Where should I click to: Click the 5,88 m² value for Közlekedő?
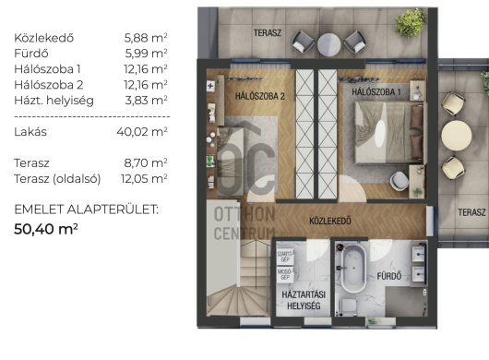[146, 38]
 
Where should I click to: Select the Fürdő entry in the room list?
[31, 54]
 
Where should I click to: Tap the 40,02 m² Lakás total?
[142, 132]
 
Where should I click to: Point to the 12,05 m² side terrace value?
[144, 178]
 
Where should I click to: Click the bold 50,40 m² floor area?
[46, 229]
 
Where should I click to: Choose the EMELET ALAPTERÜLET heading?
[87, 210]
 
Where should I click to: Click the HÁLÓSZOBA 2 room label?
[260, 96]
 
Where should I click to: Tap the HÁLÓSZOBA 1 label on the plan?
[376, 92]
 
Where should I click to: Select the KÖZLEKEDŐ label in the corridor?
[330, 221]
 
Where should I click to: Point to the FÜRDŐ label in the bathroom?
[388, 276]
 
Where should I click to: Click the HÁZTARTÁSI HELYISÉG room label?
[304, 300]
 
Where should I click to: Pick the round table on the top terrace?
[328, 45]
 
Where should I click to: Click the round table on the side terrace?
[457, 136]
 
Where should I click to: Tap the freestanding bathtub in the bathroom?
[353, 269]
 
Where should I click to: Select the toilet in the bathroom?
[347, 305]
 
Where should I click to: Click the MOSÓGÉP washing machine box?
[285, 274]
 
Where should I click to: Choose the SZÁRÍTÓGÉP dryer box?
[285, 257]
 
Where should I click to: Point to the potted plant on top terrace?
[411, 23]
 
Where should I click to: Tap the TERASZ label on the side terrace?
[471, 212]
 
